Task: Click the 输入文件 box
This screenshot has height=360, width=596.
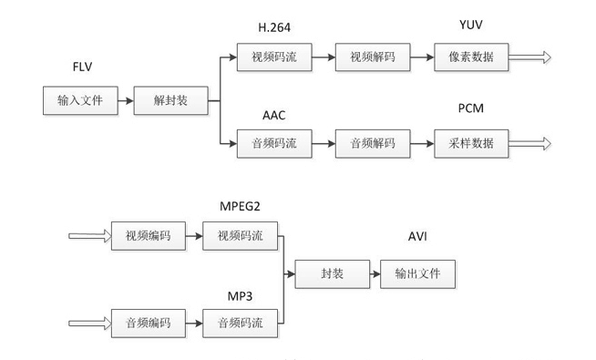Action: [x=80, y=99]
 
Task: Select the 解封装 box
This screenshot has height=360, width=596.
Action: [x=170, y=99]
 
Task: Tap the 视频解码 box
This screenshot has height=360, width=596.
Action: [x=371, y=57]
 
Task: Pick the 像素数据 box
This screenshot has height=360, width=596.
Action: [x=471, y=57]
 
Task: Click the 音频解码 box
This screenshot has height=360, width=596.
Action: [x=371, y=143]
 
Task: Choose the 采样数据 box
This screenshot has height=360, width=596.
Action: [x=471, y=143]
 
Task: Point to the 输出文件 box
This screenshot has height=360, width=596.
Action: [x=418, y=273]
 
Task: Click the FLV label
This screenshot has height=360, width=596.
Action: [x=84, y=69]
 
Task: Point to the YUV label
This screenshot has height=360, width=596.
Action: [x=471, y=24]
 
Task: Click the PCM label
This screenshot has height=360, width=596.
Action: [x=471, y=109]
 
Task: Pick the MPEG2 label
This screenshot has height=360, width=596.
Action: [x=241, y=205]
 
